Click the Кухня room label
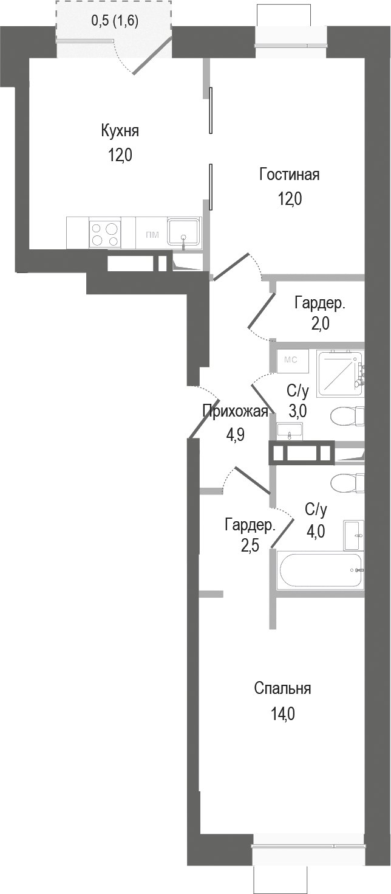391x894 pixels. click(x=120, y=131)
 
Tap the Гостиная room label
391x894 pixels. click(x=289, y=175)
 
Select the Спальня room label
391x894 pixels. click(x=282, y=688)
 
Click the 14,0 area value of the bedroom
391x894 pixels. click(x=282, y=713)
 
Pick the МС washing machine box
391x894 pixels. click(x=291, y=359)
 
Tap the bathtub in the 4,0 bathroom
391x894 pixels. click(x=319, y=570)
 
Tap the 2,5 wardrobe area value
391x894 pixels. click(x=250, y=546)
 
